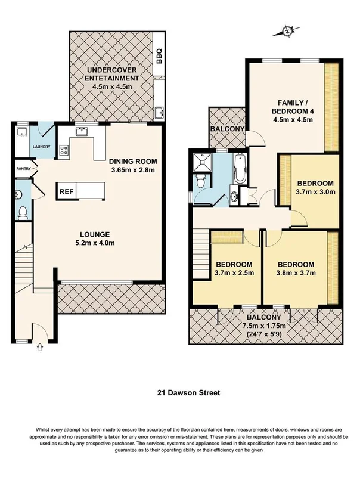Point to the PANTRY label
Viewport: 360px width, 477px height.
[x=23, y=169]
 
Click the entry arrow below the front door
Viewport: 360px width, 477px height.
[x=39, y=346]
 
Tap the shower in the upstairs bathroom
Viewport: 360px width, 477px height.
[x=200, y=162]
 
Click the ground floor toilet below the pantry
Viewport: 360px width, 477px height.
[x=23, y=211]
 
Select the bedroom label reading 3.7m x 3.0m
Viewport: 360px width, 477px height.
[x=316, y=187]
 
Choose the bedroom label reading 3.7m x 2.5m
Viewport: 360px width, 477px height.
[x=234, y=269]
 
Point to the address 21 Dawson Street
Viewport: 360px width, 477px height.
[x=179, y=392]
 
